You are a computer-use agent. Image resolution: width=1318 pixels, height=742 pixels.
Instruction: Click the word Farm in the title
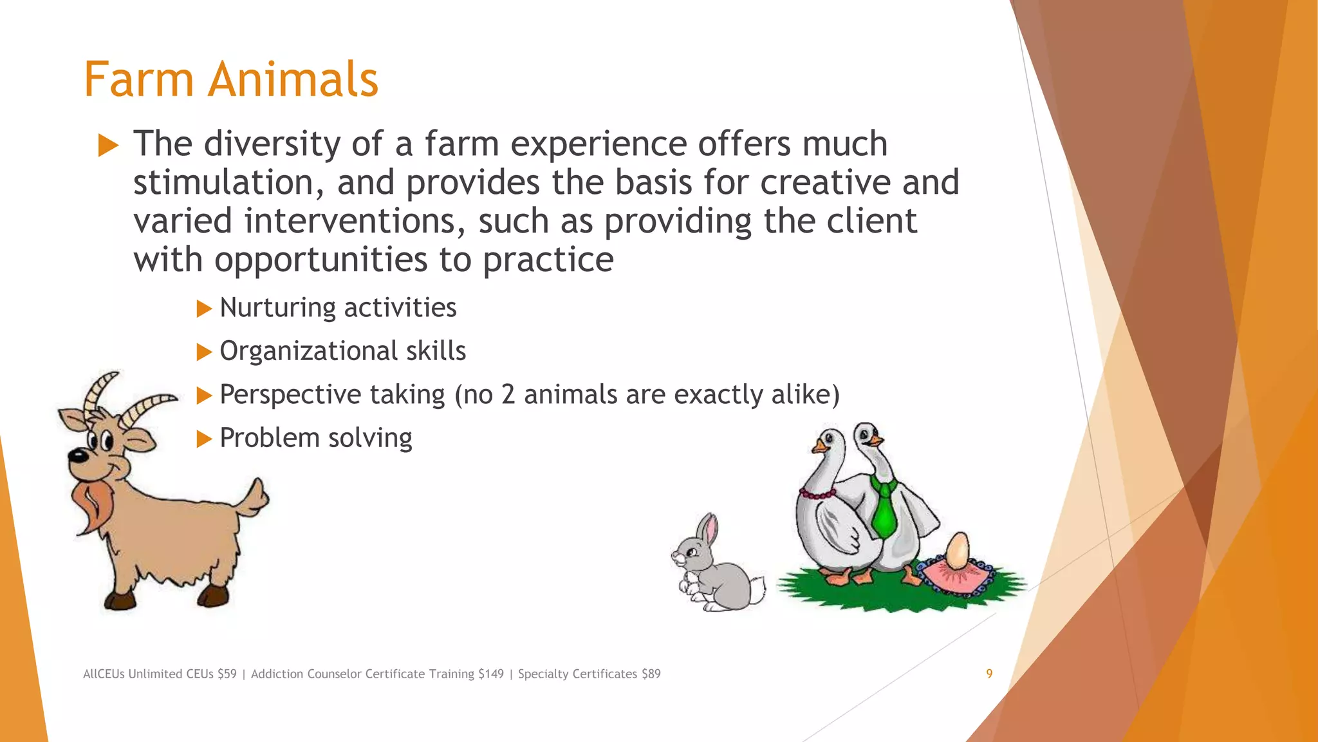(138, 80)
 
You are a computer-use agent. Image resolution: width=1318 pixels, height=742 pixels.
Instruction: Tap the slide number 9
(989, 674)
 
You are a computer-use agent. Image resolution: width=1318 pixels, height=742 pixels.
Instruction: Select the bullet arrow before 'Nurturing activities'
(204, 309)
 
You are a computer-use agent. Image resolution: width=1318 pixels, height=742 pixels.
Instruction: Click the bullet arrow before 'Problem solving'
(204, 439)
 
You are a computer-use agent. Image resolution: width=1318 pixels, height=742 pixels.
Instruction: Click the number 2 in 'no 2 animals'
(508, 395)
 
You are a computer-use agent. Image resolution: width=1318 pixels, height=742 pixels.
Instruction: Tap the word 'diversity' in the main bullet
(272, 144)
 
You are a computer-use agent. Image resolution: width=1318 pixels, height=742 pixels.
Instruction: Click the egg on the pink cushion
(957, 551)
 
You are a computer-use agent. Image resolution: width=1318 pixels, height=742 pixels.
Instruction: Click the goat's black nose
(77, 457)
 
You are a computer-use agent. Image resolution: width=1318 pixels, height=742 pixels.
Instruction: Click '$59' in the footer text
(227, 674)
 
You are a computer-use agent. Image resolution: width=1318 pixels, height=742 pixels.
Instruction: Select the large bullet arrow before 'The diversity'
(108, 146)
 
